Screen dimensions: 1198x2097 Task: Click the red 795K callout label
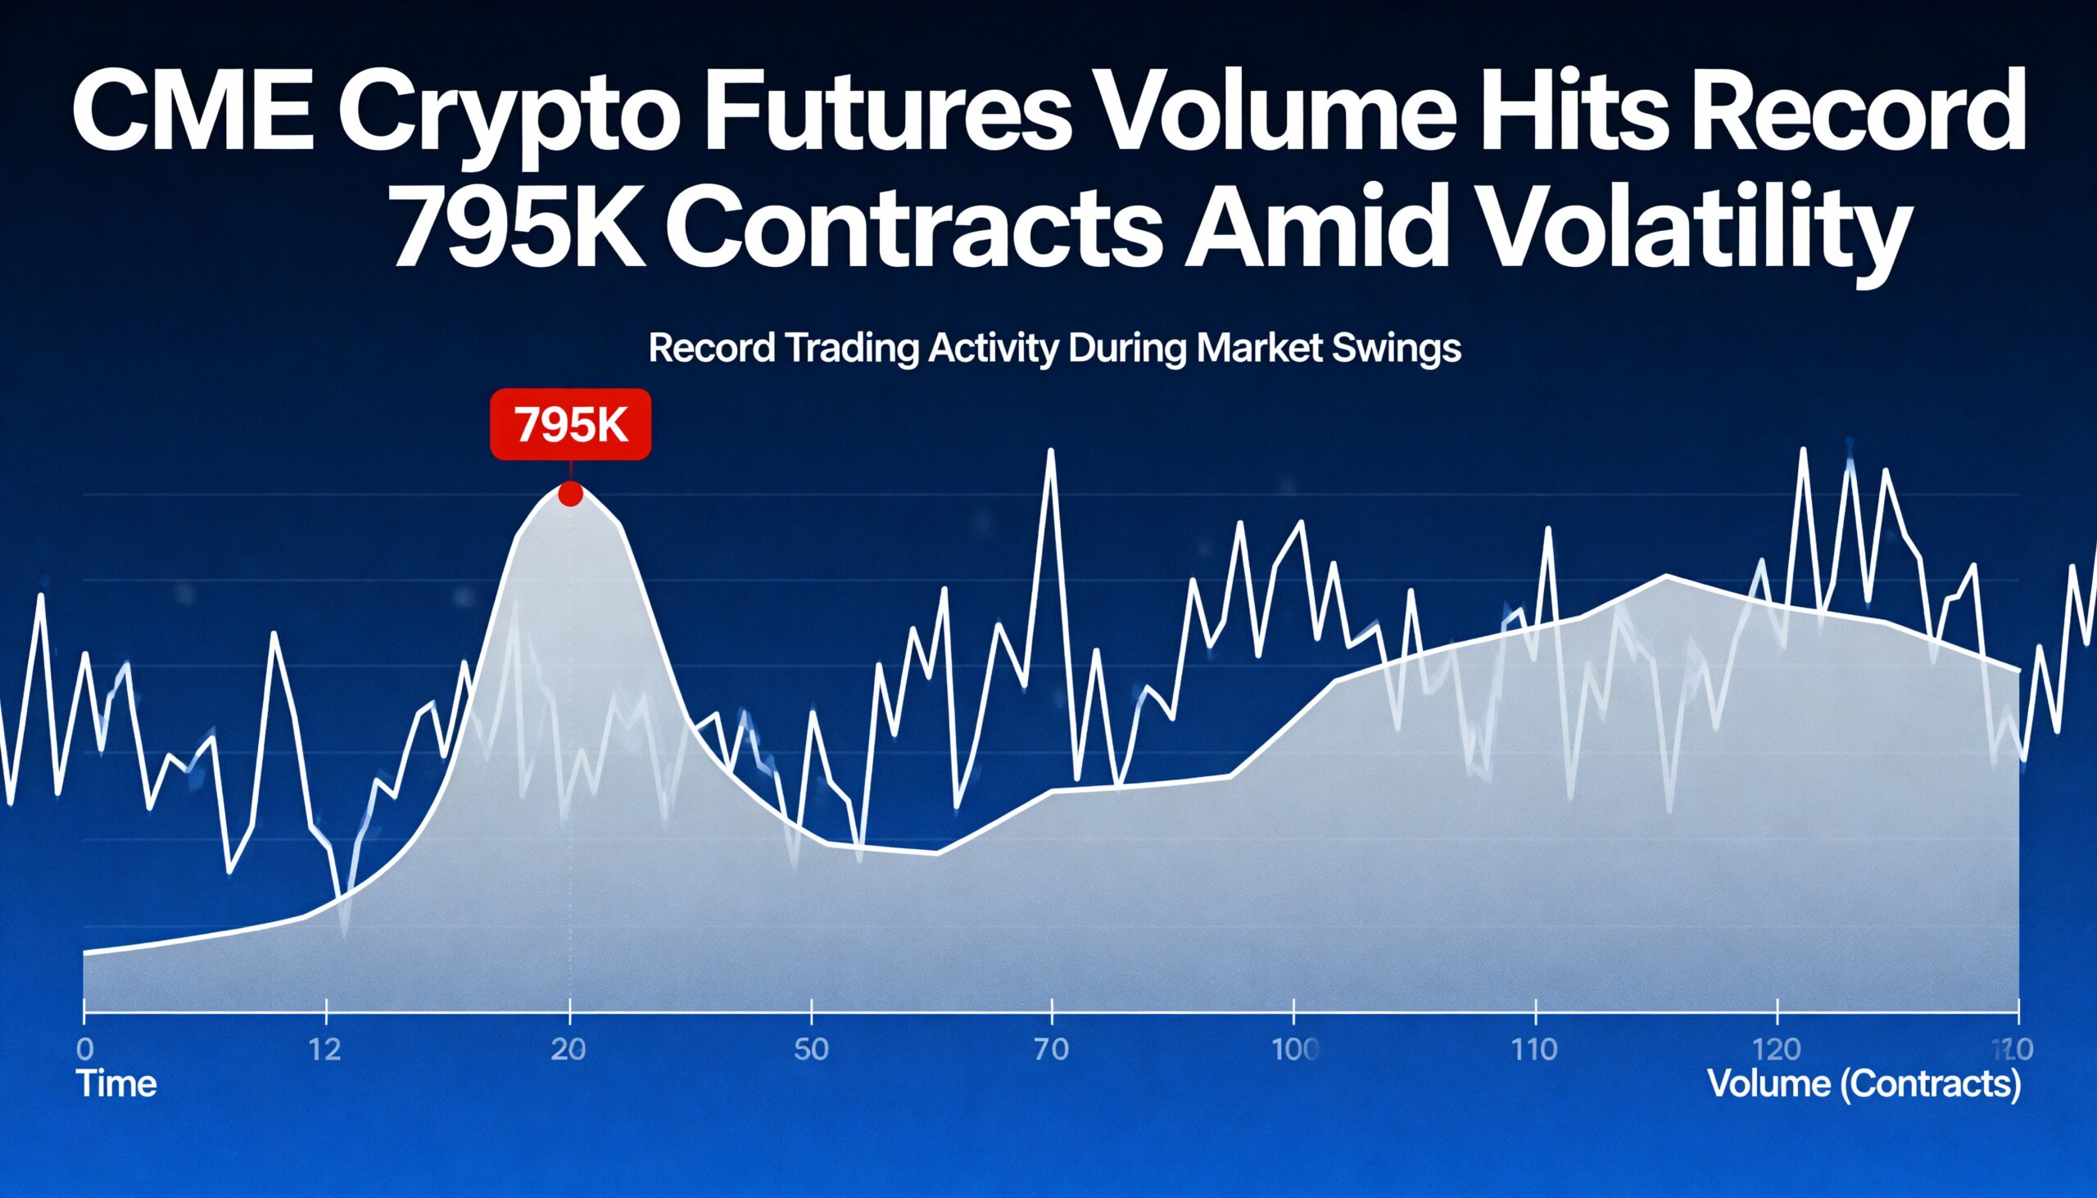click(x=570, y=424)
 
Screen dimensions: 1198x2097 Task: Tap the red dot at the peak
click(x=570, y=495)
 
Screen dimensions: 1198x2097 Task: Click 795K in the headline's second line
click(x=519, y=228)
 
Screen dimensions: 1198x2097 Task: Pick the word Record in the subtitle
click(x=711, y=349)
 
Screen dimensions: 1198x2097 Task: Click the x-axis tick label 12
click(x=327, y=1051)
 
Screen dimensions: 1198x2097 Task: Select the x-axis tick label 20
click(x=568, y=1051)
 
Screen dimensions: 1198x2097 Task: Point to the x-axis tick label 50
click(x=811, y=1051)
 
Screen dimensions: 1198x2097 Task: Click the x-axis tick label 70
click(x=1052, y=1051)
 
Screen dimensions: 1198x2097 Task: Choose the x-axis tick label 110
click(x=1536, y=1051)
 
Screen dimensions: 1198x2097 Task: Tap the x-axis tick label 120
click(x=1778, y=1051)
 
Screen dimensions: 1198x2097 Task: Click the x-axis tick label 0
click(x=84, y=1051)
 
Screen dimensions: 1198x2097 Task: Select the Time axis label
click(x=116, y=1083)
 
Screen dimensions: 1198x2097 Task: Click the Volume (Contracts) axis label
click(x=1864, y=1083)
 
